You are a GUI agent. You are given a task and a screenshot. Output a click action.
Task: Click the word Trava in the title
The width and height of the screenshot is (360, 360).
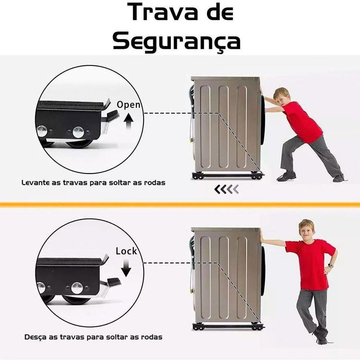point(158,13)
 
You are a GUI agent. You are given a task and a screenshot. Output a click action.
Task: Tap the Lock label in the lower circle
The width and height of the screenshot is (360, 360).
point(126,251)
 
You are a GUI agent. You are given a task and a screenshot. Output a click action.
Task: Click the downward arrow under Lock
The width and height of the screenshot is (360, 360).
point(126,268)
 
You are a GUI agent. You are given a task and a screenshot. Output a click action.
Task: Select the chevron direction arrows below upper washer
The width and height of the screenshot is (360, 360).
point(226,189)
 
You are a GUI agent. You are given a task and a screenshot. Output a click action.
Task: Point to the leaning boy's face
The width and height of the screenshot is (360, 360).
point(306,230)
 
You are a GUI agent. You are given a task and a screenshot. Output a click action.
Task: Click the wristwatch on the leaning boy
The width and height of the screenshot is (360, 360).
point(330,265)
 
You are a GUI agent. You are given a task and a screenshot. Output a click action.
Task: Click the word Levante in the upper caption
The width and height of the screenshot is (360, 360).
point(35,183)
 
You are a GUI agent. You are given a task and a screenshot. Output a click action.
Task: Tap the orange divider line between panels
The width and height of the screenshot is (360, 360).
point(180,204)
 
